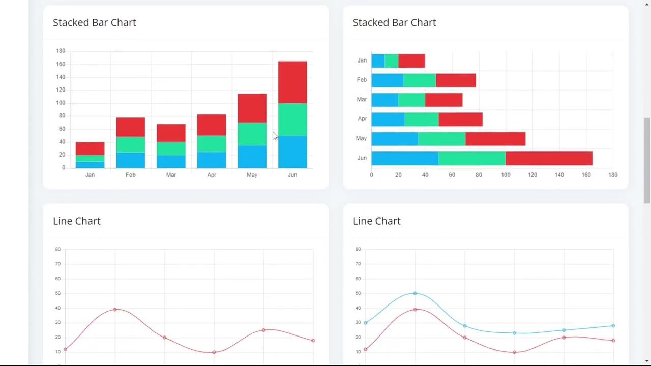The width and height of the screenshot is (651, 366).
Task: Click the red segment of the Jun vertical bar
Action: pyautogui.click(x=292, y=82)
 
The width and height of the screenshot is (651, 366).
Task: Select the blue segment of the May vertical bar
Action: pyautogui.click(x=252, y=157)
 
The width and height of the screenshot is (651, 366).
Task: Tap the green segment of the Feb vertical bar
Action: pyautogui.click(x=130, y=144)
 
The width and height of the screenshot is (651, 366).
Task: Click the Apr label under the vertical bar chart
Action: pyautogui.click(x=211, y=175)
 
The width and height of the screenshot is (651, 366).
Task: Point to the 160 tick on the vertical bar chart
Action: pyautogui.click(x=61, y=64)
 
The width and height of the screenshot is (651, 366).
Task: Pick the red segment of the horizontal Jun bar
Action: pyautogui.click(x=549, y=158)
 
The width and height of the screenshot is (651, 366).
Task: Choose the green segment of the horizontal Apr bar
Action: pyautogui.click(x=421, y=119)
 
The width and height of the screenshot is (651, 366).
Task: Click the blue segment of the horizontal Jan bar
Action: pyautogui.click(x=378, y=60)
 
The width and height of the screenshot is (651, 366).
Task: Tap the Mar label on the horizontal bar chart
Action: pyautogui.click(x=362, y=99)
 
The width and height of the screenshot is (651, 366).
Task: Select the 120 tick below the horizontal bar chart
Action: pyautogui.click(x=532, y=175)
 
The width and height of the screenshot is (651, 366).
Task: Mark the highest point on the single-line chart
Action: pyautogui.click(x=115, y=309)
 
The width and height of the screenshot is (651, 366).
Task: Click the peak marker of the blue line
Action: pyautogui.click(x=415, y=293)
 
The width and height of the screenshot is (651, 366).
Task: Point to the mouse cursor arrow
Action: pyautogui.click(x=275, y=136)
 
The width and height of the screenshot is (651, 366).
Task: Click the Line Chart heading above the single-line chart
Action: pyautogui.click(x=77, y=221)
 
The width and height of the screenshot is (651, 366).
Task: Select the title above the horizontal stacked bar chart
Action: pyautogui.click(x=394, y=22)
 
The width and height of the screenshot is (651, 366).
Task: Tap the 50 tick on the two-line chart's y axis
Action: pyautogui.click(x=358, y=293)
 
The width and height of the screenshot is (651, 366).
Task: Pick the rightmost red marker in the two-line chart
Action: pyautogui.click(x=613, y=341)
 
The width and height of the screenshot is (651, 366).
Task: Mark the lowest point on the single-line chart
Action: pyautogui.click(x=214, y=352)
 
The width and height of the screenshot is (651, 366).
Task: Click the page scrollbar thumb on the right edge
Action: pyautogui.click(x=646, y=160)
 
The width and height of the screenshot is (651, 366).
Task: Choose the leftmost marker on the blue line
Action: pyautogui.click(x=366, y=323)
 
